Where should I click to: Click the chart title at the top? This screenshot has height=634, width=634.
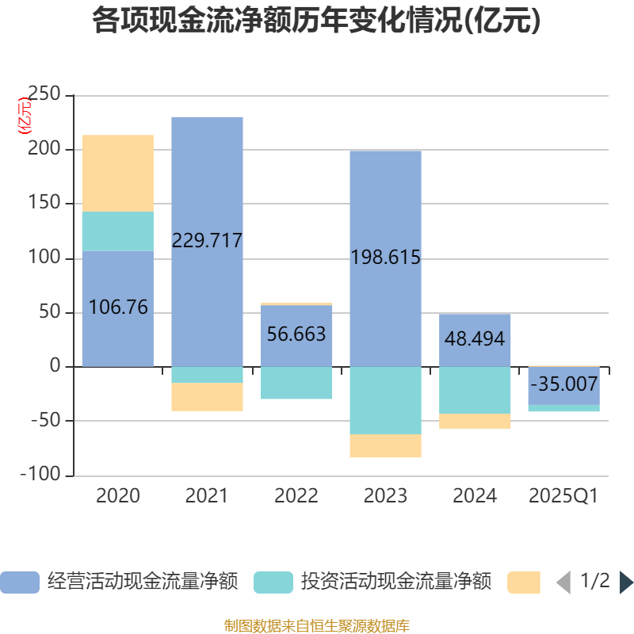[x=316, y=21]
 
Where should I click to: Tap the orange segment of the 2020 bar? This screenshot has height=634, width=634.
[x=118, y=173]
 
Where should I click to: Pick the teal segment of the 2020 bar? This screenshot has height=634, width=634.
[x=118, y=231]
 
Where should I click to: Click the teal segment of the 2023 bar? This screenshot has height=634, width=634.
[x=385, y=400]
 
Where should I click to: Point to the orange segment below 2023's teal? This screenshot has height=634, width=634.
[x=385, y=446]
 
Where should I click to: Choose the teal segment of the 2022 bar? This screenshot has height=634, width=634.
[x=296, y=383]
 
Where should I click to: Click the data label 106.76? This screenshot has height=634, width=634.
[x=118, y=307]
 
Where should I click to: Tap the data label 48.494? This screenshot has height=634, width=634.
[x=475, y=339]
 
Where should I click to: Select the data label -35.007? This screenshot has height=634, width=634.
[x=564, y=384]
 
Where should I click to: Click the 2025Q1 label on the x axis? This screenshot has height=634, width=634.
[x=563, y=496]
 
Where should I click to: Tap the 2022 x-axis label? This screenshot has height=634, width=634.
[x=296, y=496]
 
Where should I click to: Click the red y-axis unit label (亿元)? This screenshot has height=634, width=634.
[x=25, y=115]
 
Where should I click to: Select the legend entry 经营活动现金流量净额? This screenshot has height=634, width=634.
[x=119, y=582]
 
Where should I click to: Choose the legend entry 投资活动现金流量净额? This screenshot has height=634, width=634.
[x=372, y=582]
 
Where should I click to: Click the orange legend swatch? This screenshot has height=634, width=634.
[x=524, y=582]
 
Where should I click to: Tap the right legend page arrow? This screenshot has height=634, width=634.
[x=625, y=582]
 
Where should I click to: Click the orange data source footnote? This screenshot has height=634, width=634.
[x=316, y=625]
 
